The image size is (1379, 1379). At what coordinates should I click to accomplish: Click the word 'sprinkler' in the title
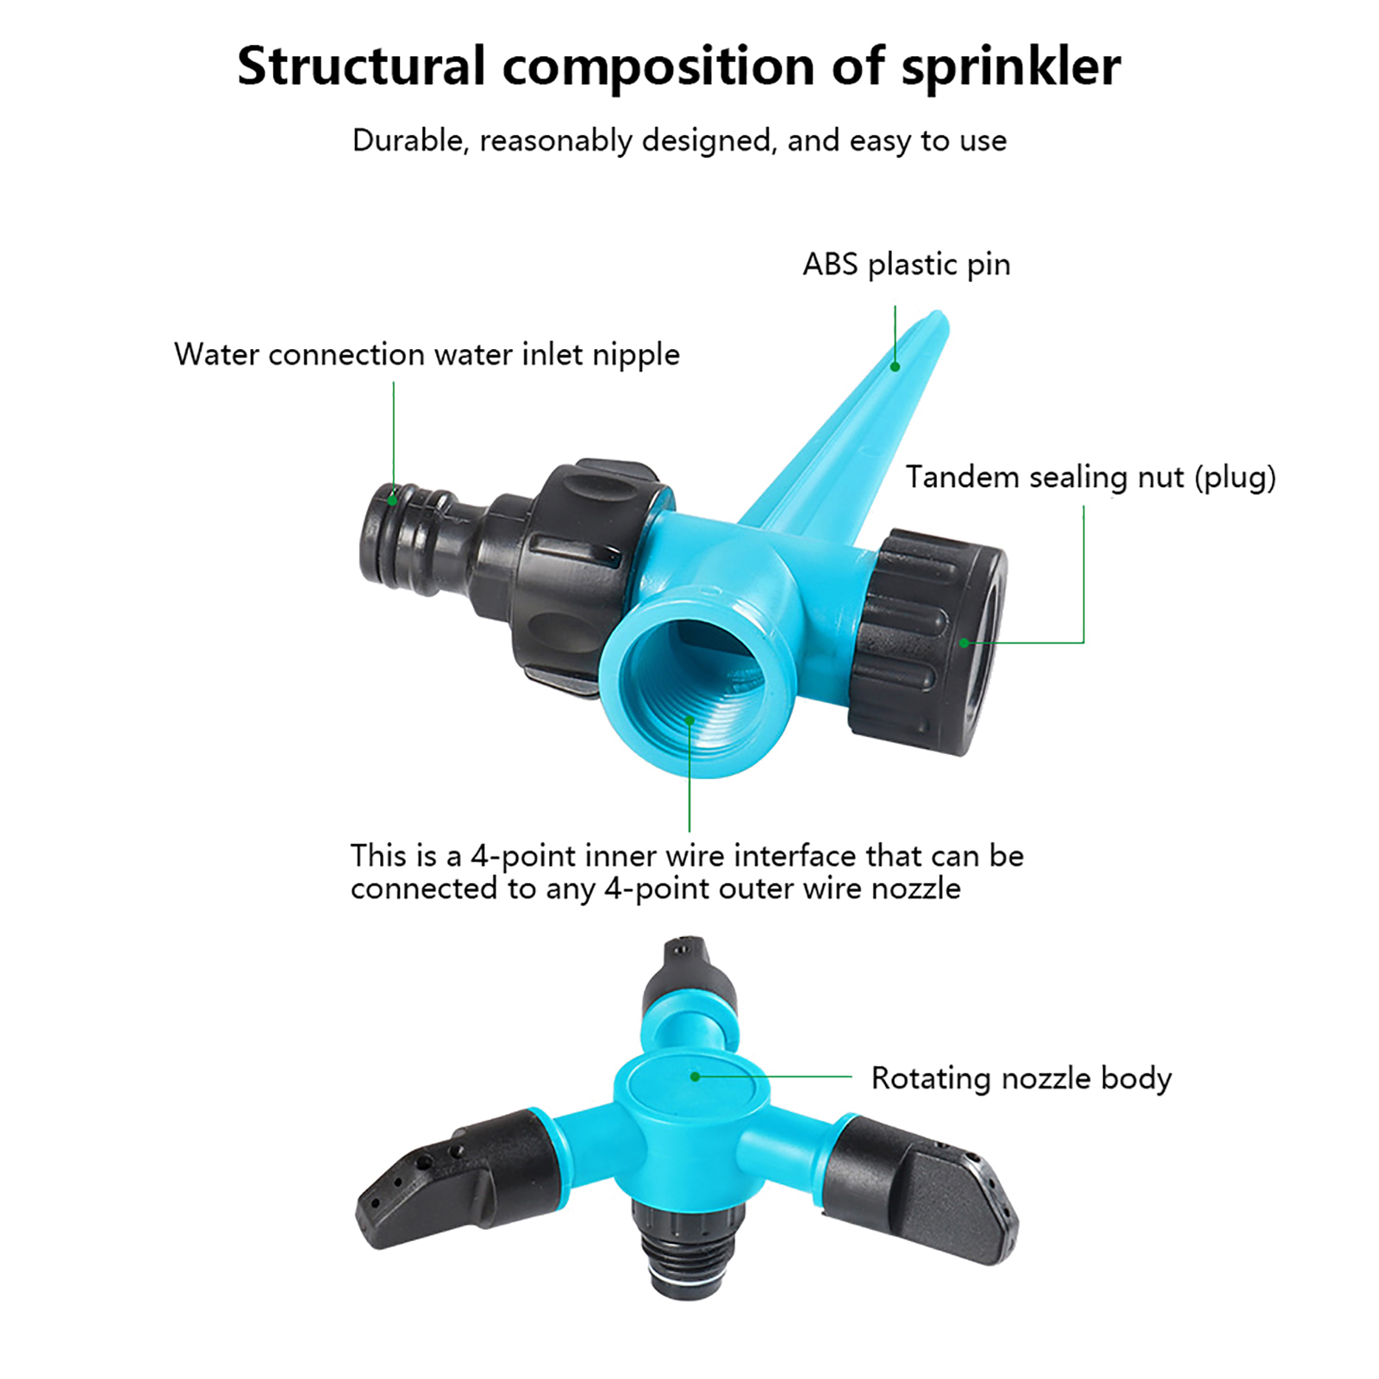(x=1010, y=67)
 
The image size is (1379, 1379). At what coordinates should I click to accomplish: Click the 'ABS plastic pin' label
(x=906, y=265)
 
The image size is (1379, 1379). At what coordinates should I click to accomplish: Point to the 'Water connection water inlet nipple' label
(x=427, y=354)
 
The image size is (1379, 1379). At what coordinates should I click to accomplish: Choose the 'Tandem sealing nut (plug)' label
(x=1090, y=477)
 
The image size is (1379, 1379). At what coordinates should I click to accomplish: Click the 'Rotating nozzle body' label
(x=1021, y=1078)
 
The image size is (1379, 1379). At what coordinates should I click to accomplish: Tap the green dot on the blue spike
(x=895, y=367)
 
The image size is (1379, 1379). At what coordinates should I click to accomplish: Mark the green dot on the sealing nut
(x=964, y=643)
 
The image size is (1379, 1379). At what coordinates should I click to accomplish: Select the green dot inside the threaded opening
(x=689, y=719)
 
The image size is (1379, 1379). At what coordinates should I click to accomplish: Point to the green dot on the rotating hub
(x=696, y=1076)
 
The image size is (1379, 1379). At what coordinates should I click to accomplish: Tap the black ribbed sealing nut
(x=931, y=642)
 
